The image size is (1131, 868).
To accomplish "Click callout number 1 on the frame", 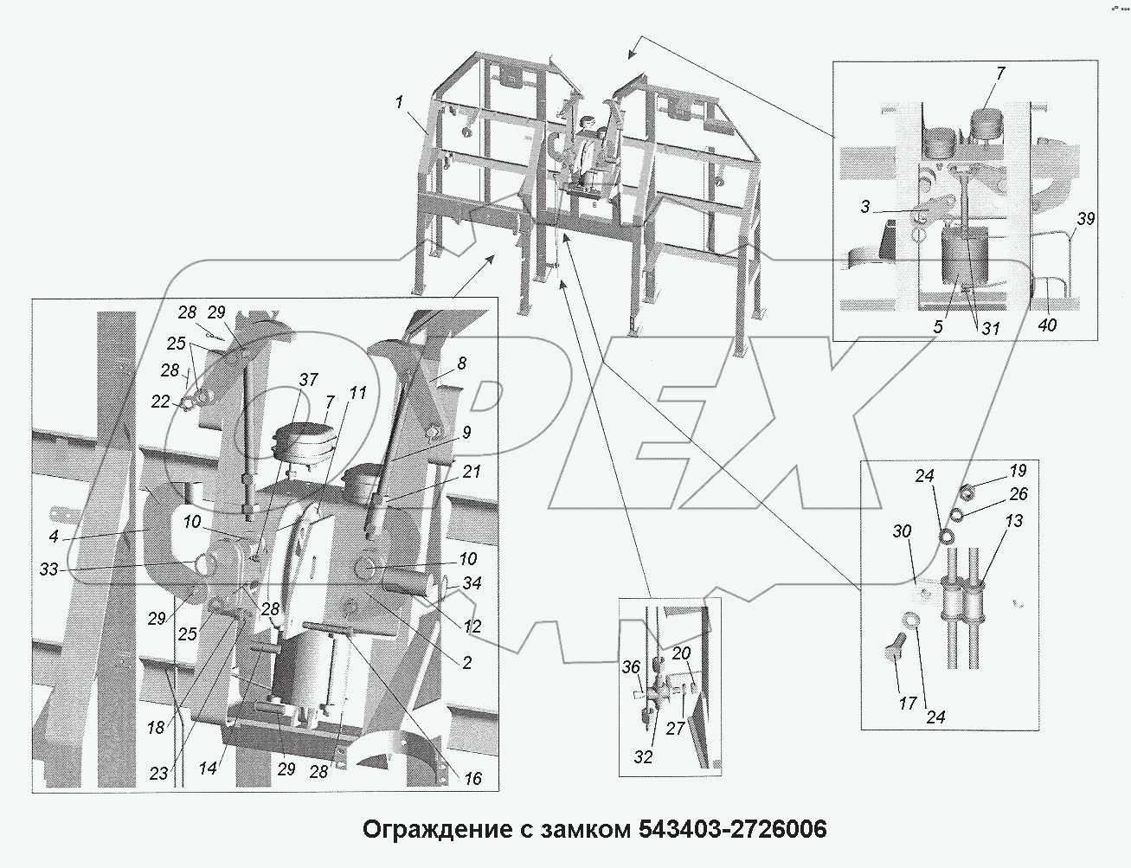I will click(x=399, y=101).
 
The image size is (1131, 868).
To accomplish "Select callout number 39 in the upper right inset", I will click(x=1085, y=219).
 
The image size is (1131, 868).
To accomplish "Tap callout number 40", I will click(x=1048, y=325).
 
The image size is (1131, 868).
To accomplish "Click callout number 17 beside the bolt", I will click(x=907, y=704).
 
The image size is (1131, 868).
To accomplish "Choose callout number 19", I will click(x=1018, y=471).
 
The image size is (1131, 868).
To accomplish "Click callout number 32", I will click(x=643, y=756).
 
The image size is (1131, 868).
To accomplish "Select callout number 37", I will click(x=308, y=379).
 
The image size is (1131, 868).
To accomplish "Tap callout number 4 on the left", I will click(x=54, y=537).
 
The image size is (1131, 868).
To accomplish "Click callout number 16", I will click(x=472, y=779).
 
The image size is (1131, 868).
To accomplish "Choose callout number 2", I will click(x=466, y=663).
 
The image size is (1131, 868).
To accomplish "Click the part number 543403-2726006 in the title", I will click(x=732, y=830).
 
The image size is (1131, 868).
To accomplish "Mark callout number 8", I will click(x=461, y=363).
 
